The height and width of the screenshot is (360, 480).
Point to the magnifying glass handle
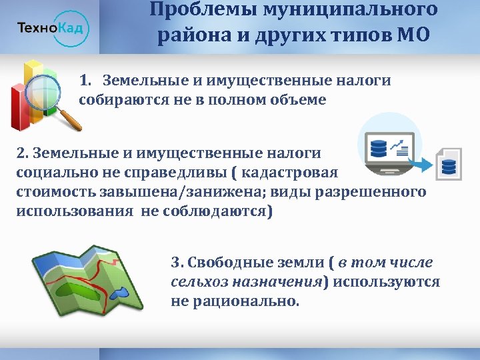[x=71, y=120]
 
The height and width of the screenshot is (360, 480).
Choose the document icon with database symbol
[x=448, y=163]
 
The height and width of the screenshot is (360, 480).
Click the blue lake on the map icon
[x=119, y=293]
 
